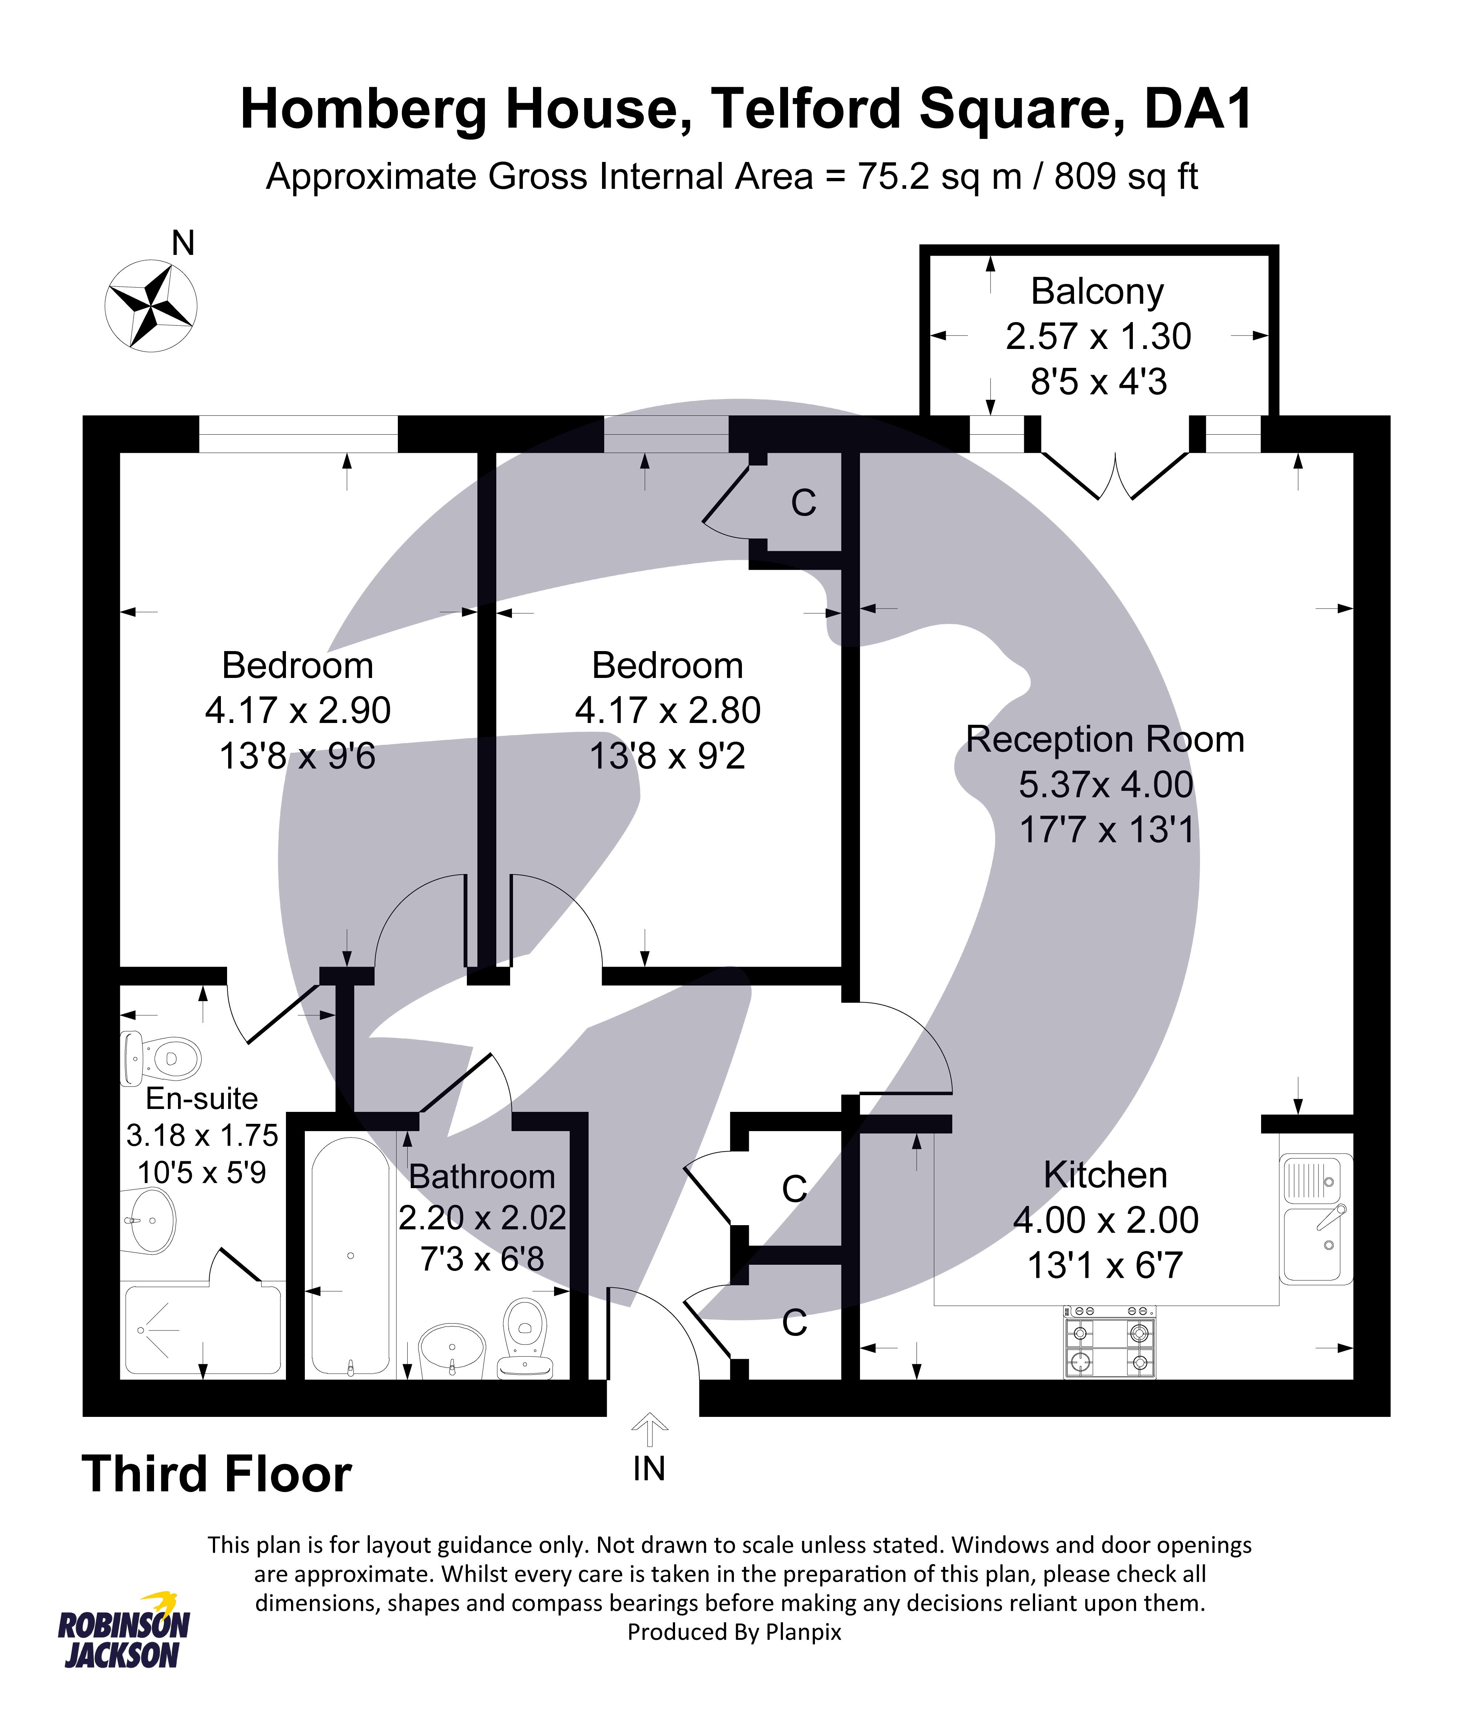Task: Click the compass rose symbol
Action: pos(151,305)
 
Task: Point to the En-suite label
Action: pos(202,1098)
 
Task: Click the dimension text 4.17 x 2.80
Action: pos(667,710)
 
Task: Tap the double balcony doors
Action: pos(1115,476)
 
